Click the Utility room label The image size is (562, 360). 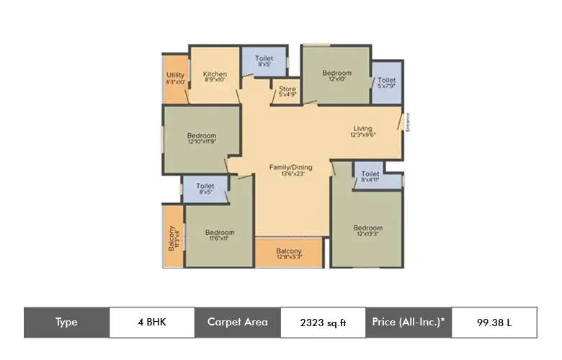pos(176,78)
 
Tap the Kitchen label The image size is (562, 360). pos(215,77)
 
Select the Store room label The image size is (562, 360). pos(287,92)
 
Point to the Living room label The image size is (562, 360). pos(363,131)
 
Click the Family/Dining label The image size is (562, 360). pos(290,171)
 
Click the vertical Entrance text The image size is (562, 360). pos(407,122)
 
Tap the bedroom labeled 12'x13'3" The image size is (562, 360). pos(367,232)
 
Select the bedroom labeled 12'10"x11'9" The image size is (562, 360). pos(202,139)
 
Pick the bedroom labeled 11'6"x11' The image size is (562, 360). pos(220,235)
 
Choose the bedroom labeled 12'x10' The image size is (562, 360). pos(336,76)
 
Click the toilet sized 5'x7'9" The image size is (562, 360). pos(386,83)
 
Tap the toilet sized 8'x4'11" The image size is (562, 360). pos(370,177)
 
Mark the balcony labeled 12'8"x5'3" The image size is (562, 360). pos(289,253)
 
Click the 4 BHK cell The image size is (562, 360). pos(151,322)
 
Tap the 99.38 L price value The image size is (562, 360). pos(494,323)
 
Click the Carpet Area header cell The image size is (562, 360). pos(237,322)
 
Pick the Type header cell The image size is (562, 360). pos(66,322)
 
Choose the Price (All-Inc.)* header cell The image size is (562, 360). pos(409,322)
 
